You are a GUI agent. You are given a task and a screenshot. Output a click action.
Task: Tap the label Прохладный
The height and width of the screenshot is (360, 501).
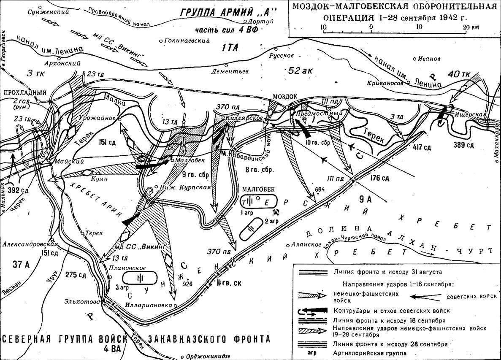pyautogui.click(x=19, y=92)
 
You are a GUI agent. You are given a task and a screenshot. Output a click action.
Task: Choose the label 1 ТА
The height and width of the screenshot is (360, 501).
pyautogui.click(x=230, y=48)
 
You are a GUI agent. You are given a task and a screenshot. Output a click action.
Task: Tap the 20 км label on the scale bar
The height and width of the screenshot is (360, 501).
pyautogui.click(x=471, y=27)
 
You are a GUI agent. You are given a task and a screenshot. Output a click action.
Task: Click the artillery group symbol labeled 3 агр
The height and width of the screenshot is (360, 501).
pyautogui.click(x=140, y=278)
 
